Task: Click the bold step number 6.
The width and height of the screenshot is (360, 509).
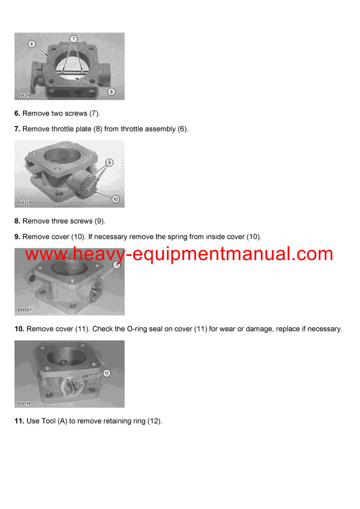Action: (17, 113)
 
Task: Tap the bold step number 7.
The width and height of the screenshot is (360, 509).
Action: (17, 129)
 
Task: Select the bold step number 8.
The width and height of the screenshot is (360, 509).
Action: (17, 221)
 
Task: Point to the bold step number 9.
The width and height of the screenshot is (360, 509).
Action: (17, 237)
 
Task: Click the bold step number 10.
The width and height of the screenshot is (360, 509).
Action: (19, 329)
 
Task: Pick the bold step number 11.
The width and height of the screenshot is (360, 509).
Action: (19, 421)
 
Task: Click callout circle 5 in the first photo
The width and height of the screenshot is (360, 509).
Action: (32, 44)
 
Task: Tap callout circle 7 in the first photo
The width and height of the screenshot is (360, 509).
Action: (73, 38)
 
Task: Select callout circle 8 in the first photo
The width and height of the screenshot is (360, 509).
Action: (112, 91)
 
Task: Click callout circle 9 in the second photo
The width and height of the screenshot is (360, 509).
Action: (109, 162)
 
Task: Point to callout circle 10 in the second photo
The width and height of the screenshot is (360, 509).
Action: (115, 199)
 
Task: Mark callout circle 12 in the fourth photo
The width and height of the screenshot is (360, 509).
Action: (107, 372)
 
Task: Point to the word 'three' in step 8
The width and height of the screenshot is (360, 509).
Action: (65, 221)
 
